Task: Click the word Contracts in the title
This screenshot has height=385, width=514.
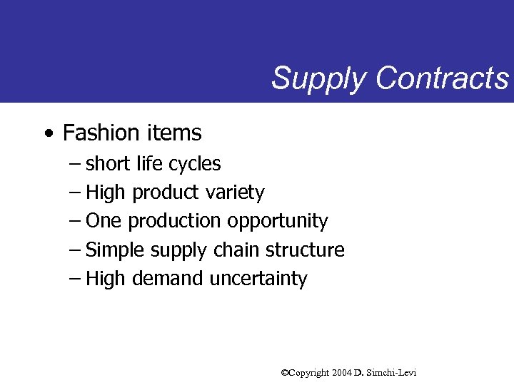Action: (443, 77)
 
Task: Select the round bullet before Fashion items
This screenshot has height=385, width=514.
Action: (47, 133)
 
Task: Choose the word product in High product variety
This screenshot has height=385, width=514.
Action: (165, 193)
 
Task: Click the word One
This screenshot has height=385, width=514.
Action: (104, 221)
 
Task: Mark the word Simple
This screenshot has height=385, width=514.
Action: (113, 250)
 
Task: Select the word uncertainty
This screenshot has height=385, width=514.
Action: (258, 279)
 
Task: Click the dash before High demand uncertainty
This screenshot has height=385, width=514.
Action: (75, 278)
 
